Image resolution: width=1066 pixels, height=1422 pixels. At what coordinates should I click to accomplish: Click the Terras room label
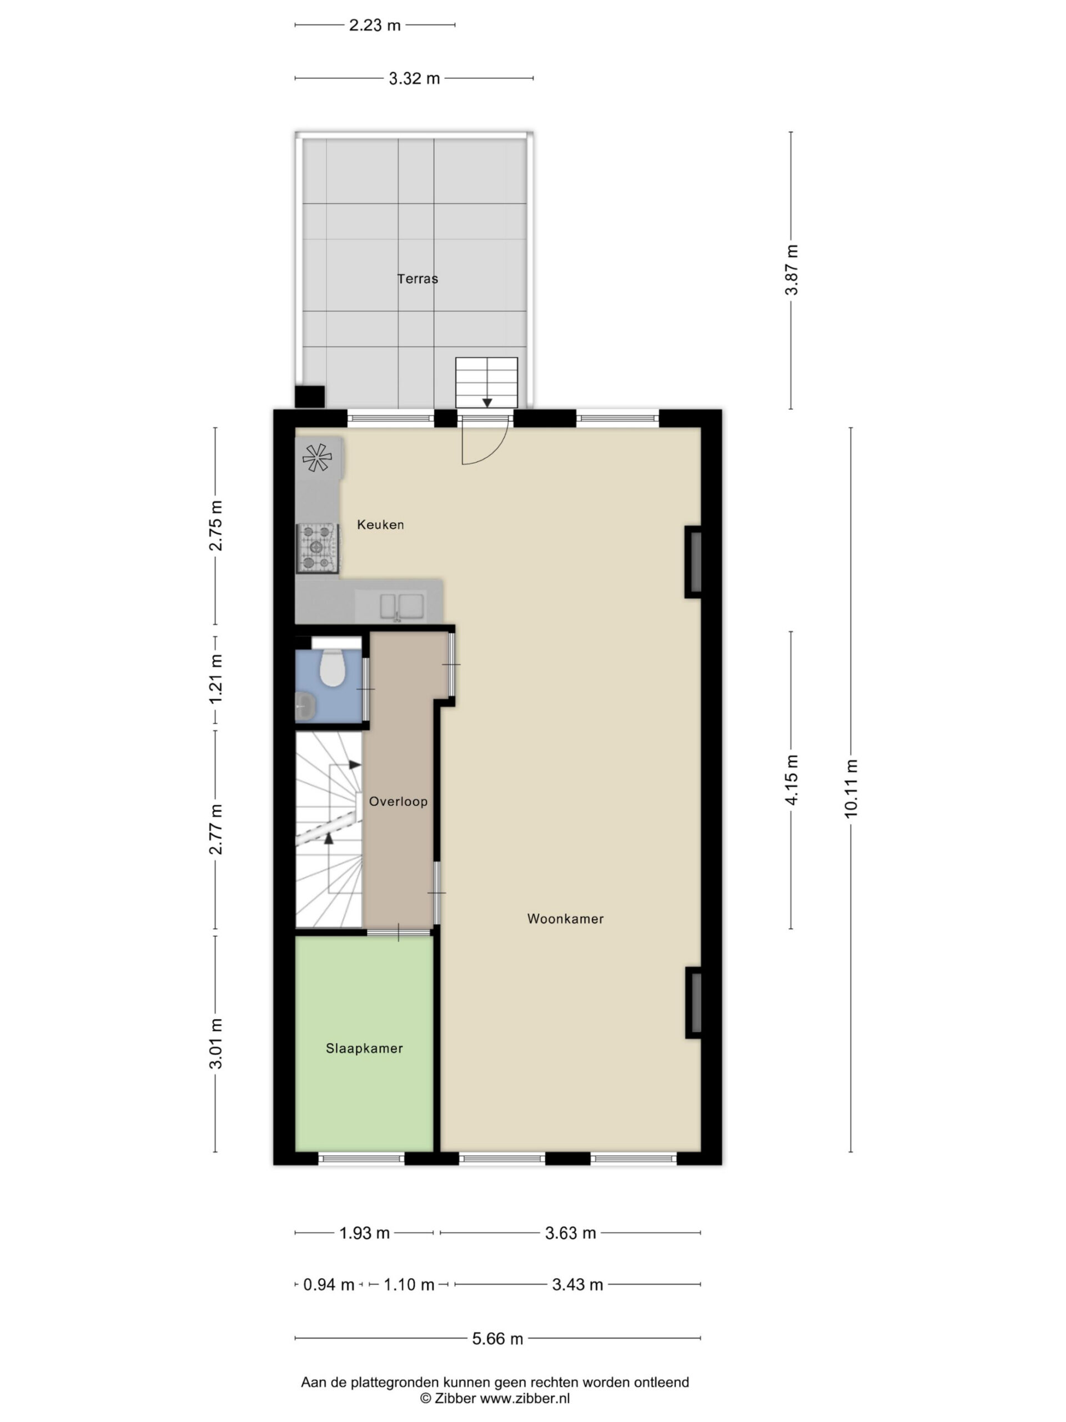tap(417, 278)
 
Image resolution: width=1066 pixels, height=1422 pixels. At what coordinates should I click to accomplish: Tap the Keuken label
tap(380, 524)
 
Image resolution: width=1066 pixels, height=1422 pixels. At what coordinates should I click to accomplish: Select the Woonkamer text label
tap(565, 919)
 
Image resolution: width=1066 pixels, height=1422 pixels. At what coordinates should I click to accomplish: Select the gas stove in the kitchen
tap(318, 547)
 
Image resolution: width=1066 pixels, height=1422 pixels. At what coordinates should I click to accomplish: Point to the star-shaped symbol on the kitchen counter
tap(317, 458)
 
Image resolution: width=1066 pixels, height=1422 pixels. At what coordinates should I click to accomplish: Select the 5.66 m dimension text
tap(498, 1339)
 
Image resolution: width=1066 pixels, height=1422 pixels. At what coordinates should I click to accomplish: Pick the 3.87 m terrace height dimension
tap(792, 270)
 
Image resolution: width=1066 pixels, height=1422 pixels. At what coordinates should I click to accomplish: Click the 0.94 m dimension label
tap(328, 1284)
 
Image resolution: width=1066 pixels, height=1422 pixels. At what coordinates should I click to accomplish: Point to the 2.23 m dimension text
tap(375, 25)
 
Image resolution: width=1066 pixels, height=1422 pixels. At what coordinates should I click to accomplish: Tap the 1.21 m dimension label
tap(216, 678)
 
